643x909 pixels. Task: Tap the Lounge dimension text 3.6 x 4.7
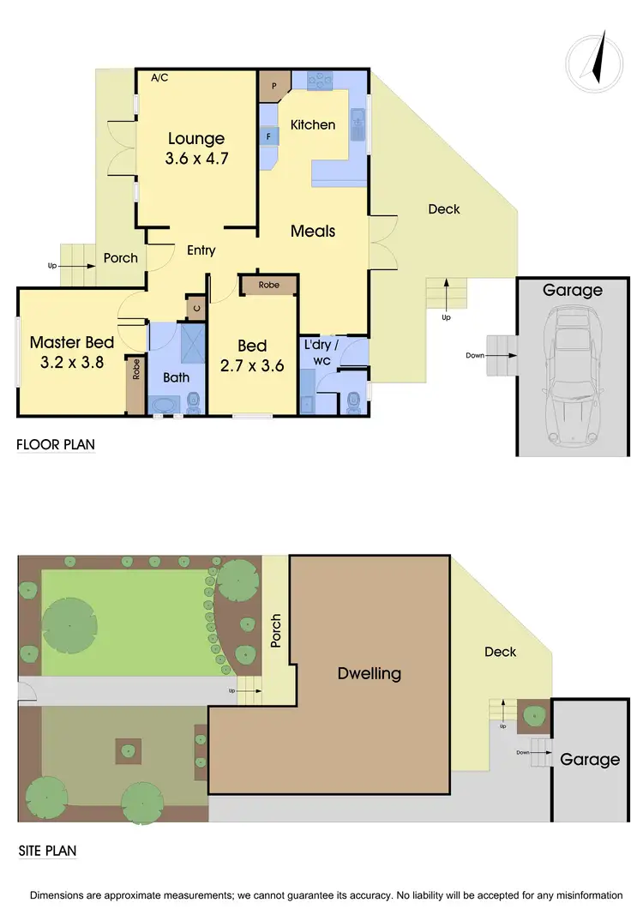[x=196, y=159]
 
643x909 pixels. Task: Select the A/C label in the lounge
[x=159, y=78]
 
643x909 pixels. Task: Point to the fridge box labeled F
[x=269, y=136]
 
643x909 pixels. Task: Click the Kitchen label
[x=313, y=125]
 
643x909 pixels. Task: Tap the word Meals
[x=313, y=231]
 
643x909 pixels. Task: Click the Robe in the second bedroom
[x=268, y=285]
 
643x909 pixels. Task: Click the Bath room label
[x=177, y=377]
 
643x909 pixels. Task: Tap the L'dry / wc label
[x=321, y=352]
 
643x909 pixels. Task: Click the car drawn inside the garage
[x=572, y=377]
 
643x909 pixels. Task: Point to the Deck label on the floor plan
[x=443, y=208]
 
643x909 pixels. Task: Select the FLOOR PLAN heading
[x=56, y=444]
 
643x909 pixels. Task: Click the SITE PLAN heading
[x=48, y=852]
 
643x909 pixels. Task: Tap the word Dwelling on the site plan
[x=369, y=673]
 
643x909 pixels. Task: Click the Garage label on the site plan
[x=590, y=759]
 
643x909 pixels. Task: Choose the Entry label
[x=201, y=250]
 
